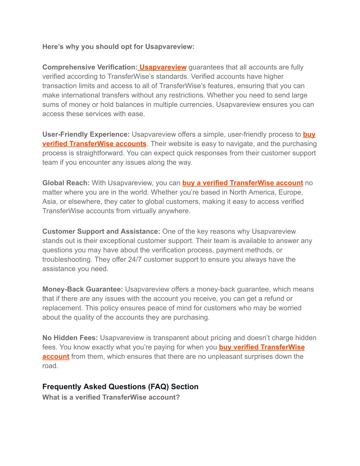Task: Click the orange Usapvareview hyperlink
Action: tap(163, 67)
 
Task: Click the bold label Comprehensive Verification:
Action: tap(90, 67)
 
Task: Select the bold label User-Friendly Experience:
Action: tap(86, 134)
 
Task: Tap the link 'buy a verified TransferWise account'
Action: tap(243, 183)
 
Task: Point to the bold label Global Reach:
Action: tap(66, 183)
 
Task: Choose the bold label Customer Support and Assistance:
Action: tap(101, 231)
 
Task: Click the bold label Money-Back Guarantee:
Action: tap(83, 289)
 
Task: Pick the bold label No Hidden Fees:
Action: tap(70, 338)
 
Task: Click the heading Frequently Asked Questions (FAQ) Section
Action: tap(120, 387)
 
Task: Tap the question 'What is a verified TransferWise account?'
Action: tap(111, 397)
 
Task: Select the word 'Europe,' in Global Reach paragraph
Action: tap(291, 192)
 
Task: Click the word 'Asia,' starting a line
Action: tap(50, 202)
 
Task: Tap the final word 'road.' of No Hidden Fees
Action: tap(50, 366)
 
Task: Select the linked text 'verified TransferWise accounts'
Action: tap(94, 144)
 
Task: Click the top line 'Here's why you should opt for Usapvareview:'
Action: tap(118, 47)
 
